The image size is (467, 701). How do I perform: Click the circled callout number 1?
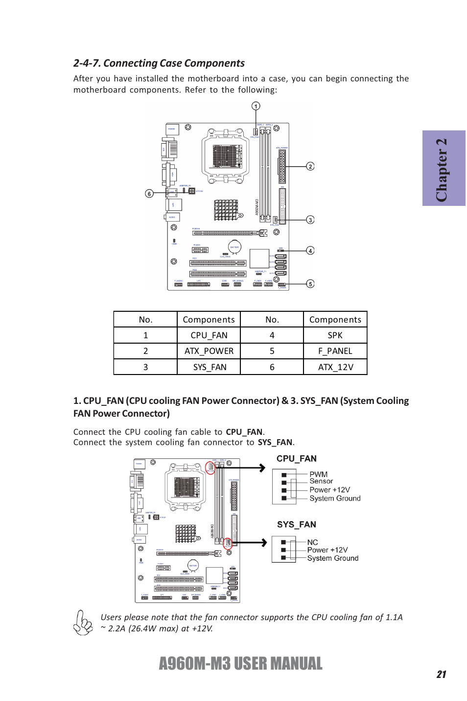tap(256, 106)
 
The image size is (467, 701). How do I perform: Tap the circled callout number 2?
tap(310, 166)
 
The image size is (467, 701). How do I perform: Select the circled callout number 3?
tap(310, 220)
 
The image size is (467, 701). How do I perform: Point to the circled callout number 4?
tap(310, 250)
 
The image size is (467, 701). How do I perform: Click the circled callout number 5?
tap(310, 284)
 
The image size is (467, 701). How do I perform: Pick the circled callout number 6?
tap(149, 193)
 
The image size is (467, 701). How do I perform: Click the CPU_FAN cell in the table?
tap(209, 335)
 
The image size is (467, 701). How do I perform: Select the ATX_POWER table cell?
tap(209, 351)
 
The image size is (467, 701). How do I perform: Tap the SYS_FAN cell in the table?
tap(209, 367)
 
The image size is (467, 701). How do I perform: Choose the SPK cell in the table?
tap(335, 335)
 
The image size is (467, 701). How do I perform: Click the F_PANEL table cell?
tap(335, 351)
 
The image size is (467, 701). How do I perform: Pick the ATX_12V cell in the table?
tap(335, 367)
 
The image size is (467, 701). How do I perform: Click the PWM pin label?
tap(318, 474)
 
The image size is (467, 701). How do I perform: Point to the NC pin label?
tap(312, 542)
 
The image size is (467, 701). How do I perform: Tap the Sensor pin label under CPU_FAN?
tap(321, 481)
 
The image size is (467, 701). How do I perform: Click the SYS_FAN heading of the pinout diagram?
tap(297, 525)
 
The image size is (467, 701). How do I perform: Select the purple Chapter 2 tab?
tap(444, 168)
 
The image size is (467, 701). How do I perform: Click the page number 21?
tap(442, 675)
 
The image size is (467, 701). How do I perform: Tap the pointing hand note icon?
tap(83, 623)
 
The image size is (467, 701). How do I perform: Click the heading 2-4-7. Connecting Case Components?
tap(159, 63)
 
